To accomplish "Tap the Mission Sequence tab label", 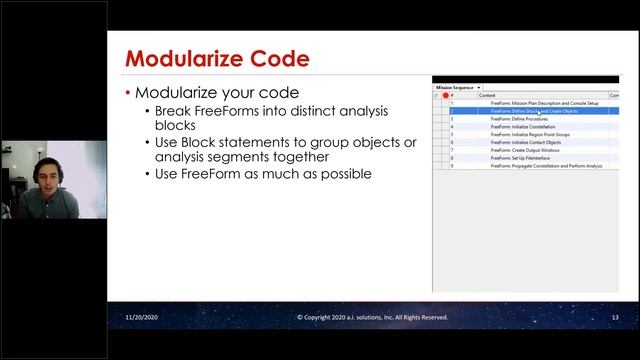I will [x=455, y=87].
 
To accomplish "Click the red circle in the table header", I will [x=445, y=95].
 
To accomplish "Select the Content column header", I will [x=487, y=95].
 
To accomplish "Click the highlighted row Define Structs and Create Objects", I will [x=534, y=111].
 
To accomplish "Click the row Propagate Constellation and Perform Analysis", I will [x=546, y=166].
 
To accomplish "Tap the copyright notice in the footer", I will [x=372, y=317].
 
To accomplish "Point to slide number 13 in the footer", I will [x=615, y=317].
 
